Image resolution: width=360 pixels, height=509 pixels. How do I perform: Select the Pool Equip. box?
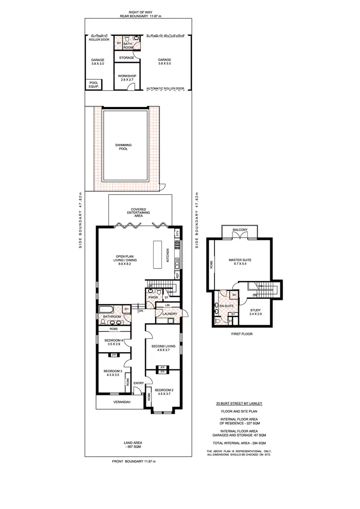tap(94, 85)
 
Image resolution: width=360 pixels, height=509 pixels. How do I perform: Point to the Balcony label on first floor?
tap(240, 230)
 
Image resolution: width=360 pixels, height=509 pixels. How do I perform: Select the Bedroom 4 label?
tap(114, 343)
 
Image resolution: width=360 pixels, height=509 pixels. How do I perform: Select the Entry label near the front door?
tap(139, 383)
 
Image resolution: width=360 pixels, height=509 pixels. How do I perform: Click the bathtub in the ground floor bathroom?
tap(108, 309)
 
